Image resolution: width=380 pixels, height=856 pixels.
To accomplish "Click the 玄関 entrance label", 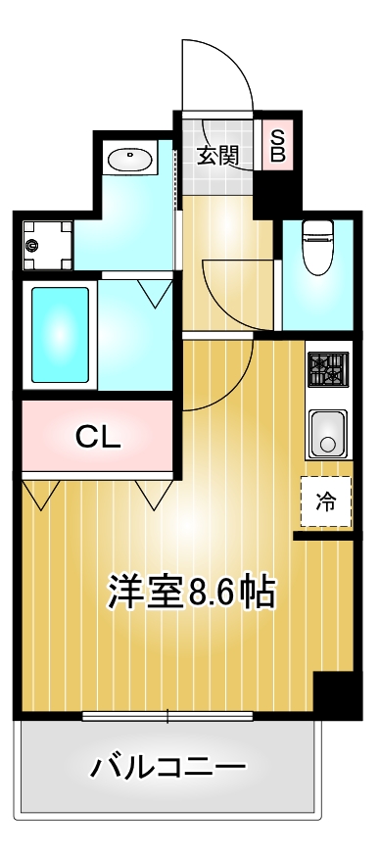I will (x=217, y=156).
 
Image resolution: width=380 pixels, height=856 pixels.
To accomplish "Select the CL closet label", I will (x=99, y=436).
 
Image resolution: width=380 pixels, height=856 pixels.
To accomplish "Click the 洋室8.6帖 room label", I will (x=191, y=592).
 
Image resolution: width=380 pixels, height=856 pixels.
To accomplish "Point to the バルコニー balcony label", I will (x=167, y=767).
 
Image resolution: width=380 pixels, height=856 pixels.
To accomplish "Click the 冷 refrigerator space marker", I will (x=325, y=502).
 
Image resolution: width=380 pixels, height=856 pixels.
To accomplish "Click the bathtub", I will (x=61, y=333).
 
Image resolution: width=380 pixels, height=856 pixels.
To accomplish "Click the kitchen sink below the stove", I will (x=329, y=431).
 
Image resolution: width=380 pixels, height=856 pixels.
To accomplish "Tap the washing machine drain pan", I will (x=48, y=244).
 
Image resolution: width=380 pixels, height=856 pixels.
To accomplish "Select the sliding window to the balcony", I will (x=167, y=716).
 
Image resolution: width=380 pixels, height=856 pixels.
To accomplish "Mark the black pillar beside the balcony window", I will (x=331, y=695).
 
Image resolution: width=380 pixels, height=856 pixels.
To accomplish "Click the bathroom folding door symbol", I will (x=154, y=291).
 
